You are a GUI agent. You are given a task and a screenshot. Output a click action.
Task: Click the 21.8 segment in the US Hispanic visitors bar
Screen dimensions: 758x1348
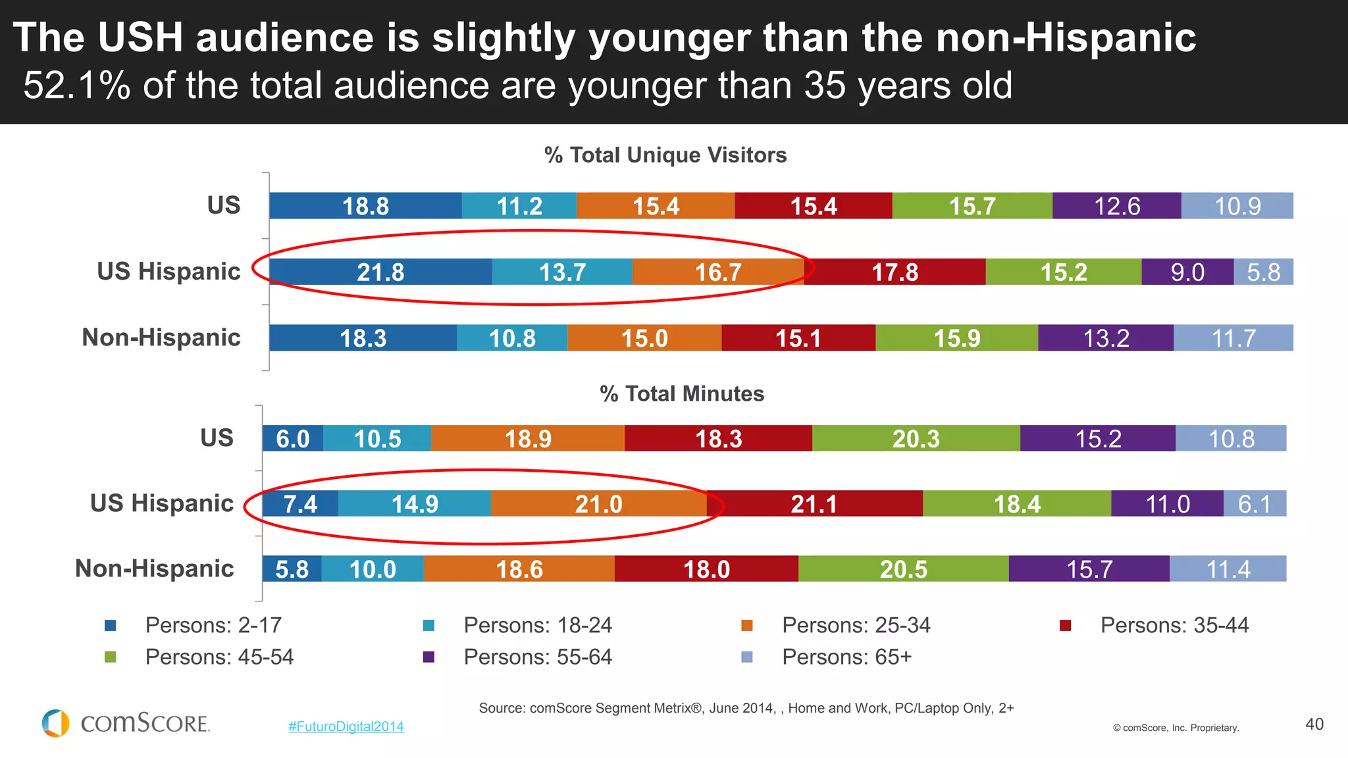click(380, 272)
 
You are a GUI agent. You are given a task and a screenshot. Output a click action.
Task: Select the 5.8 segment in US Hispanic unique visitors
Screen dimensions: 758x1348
click(1263, 272)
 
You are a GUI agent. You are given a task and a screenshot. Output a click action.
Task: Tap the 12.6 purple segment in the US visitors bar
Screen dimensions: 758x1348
click(1116, 206)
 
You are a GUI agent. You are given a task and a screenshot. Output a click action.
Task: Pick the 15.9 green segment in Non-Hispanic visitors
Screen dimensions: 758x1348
click(956, 338)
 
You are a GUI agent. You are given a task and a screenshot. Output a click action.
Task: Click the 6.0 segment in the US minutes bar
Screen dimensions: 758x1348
click(292, 439)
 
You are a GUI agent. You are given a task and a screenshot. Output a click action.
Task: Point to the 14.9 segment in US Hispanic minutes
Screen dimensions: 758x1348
click(415, 504)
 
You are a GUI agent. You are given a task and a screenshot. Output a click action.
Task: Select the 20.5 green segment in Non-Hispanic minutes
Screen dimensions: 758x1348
click(903, 569)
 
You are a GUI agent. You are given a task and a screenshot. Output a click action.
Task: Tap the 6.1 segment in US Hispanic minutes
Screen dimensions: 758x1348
click(1255, 504)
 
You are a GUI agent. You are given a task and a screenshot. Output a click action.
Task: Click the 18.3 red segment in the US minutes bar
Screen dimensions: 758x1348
click(718, 439)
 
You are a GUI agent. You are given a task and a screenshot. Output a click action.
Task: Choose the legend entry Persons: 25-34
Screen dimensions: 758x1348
click(856, 625)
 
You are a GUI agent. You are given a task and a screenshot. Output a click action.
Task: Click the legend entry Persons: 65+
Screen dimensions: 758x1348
click(846, 657)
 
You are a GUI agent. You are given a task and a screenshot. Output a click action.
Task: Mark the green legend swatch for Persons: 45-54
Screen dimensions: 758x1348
click(111, 657)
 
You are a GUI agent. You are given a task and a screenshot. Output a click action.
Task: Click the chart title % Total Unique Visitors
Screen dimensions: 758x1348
click(665, 155)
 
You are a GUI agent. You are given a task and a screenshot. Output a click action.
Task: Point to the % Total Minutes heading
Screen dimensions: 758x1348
click(682, 393)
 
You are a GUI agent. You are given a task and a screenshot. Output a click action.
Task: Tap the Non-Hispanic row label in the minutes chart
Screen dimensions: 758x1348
click(155, 568)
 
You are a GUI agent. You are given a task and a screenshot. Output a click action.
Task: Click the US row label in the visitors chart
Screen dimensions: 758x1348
click(224, 205)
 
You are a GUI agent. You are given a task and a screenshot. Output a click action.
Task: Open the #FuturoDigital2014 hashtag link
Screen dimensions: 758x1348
click(346, 726)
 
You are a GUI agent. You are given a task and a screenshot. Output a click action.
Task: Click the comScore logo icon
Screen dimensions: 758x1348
click(56, 723)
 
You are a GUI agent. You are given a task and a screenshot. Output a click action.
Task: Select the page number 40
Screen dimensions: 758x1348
click(1314, 724)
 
